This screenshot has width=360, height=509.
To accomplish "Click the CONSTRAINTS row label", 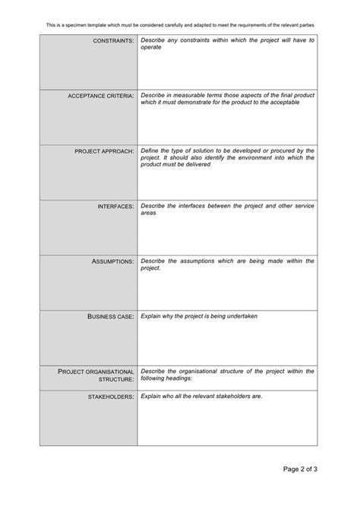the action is (113, 40).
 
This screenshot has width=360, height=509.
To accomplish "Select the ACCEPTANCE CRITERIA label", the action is (101, 96).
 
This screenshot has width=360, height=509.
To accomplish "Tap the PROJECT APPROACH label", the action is (105, 151).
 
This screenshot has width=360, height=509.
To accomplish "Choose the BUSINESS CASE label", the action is (111, 316).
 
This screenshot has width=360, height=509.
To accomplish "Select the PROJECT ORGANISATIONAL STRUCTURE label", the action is (96, 375).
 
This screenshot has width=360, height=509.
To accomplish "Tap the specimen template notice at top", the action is (180, 25).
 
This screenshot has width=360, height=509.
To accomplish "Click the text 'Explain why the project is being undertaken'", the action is (199, 315).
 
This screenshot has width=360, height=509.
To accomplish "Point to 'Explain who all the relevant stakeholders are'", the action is (207, 396).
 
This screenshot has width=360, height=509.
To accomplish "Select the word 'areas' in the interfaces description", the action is (149, 213).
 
